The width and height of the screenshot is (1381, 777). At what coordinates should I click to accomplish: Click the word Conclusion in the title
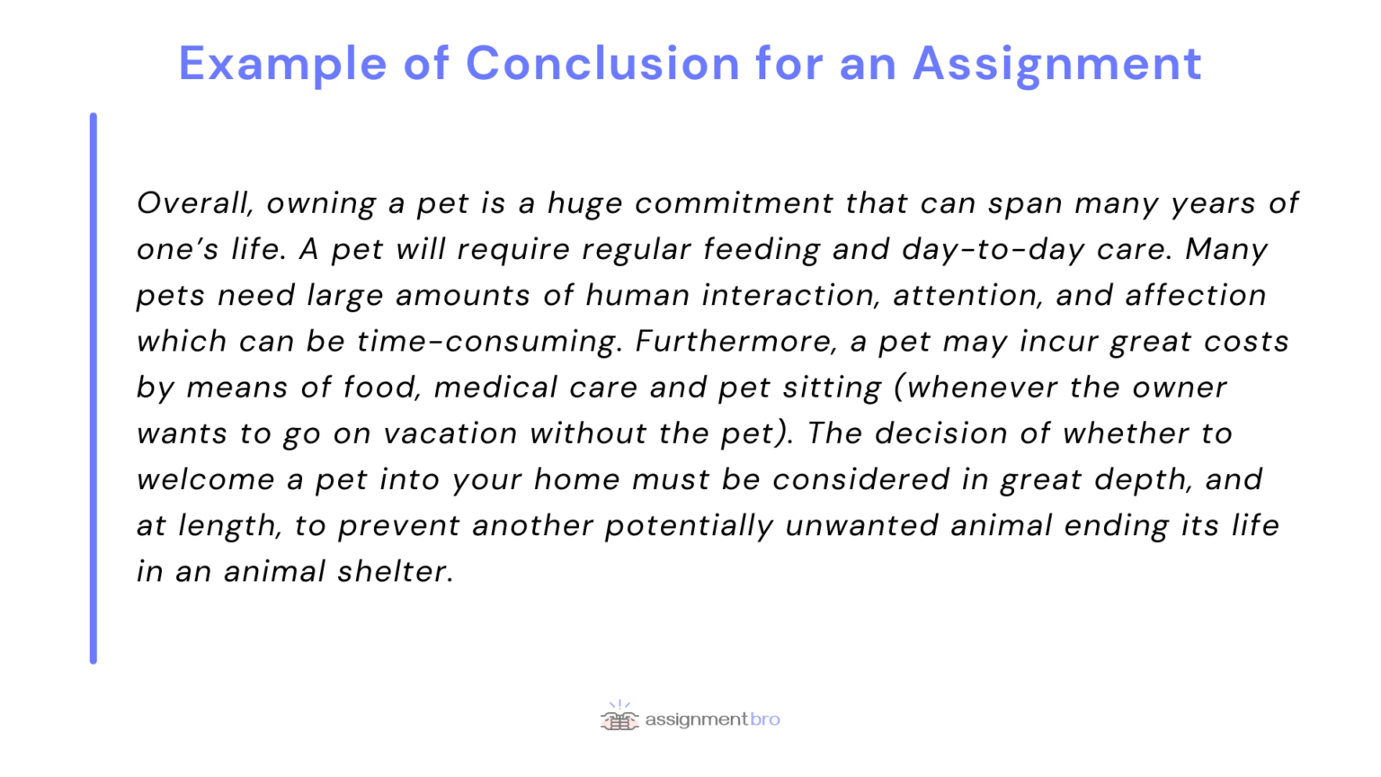coord(603,64)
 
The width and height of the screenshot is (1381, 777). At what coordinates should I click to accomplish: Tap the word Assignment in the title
coord(1056,64)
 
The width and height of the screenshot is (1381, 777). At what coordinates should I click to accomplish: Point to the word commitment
coord(734,203)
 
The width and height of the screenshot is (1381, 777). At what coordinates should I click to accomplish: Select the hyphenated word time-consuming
coord(488,342)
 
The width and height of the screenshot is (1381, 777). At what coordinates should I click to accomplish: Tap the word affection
coord(1196,295)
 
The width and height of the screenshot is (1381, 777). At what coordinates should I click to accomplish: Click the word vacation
coord(450,433)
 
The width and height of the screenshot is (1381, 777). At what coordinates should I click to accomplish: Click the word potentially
coord(689,525)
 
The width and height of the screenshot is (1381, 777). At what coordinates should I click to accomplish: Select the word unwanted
coord(862,525)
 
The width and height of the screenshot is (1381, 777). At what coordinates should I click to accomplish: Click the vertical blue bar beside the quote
coord(94,388)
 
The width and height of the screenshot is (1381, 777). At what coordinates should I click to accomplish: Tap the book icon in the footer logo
coord(619,719)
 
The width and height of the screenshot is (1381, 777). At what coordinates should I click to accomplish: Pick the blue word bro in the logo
coord(765,719)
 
